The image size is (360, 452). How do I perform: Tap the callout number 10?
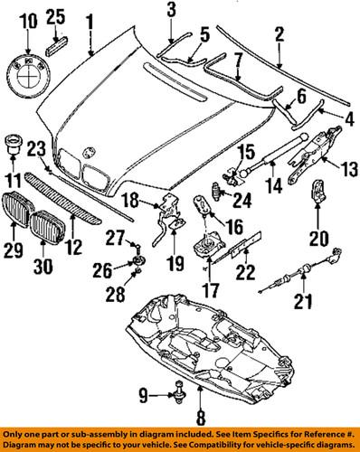pos(28,19)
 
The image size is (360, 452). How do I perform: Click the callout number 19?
pos(174,265)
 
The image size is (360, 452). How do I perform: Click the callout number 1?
pos(90,19)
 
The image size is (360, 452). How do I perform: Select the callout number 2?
pos(279,34)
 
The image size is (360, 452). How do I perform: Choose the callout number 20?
pos(317,239)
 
